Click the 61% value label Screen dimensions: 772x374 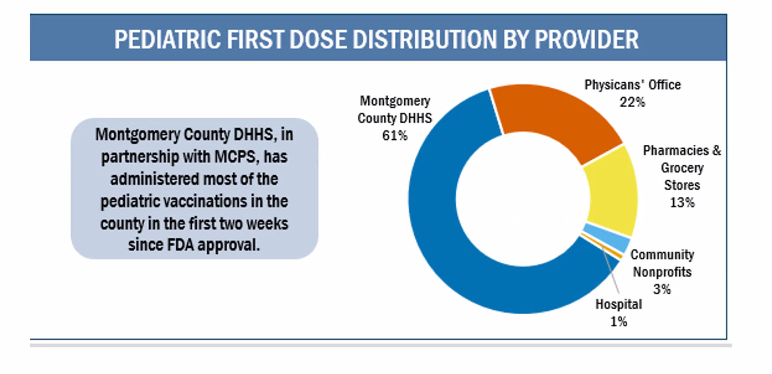(x=395, y=135)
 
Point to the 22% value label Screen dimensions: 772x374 (x=633, y=102)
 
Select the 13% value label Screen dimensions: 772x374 (x=682, y=202)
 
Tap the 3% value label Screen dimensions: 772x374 (x=662, y=289)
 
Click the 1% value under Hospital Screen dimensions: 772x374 (x=619, y=321)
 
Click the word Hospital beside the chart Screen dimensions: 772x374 (x=619, y=304)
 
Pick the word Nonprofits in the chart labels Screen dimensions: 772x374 (x=662, y=272)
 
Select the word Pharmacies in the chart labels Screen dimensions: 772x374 (x=676, y=151)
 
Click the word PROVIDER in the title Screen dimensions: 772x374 (x=586, y=39)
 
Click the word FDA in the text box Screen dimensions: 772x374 (x=180, y=245)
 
